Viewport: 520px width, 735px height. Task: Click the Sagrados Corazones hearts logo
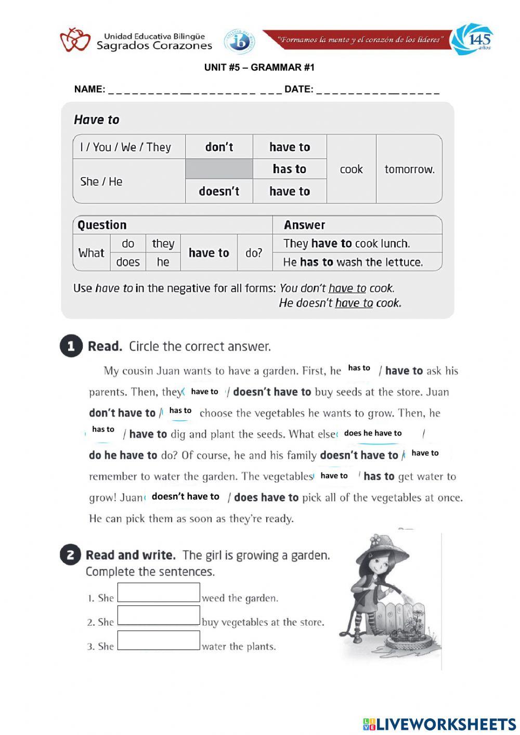(75, 40)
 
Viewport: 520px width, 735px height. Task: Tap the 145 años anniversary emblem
(472, 38)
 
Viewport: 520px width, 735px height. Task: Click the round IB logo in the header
(239, 41)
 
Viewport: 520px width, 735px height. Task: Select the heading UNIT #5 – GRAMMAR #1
(259, 68)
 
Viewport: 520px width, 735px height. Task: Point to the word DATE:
(299, 89)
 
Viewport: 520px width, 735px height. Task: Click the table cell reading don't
(219, 147)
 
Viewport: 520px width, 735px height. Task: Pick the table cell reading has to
(290, 169)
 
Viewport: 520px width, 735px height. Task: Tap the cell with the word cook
(351, 170)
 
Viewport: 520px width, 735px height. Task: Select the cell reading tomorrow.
(409, 170)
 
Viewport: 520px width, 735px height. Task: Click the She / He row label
(101, 182)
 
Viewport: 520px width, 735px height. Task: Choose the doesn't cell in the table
(219, 191)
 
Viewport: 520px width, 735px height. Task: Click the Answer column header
(304, 225)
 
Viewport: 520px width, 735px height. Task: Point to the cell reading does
(128, 262)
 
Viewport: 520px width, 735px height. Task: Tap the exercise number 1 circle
(71, 346)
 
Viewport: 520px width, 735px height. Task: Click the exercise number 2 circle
(70, 555)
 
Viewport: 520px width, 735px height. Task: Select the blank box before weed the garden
(159, 592)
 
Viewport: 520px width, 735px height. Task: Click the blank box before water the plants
(159, 640)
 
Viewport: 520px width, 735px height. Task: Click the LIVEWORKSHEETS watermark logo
(439, 724)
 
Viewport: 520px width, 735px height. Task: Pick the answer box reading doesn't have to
(186, 497)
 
